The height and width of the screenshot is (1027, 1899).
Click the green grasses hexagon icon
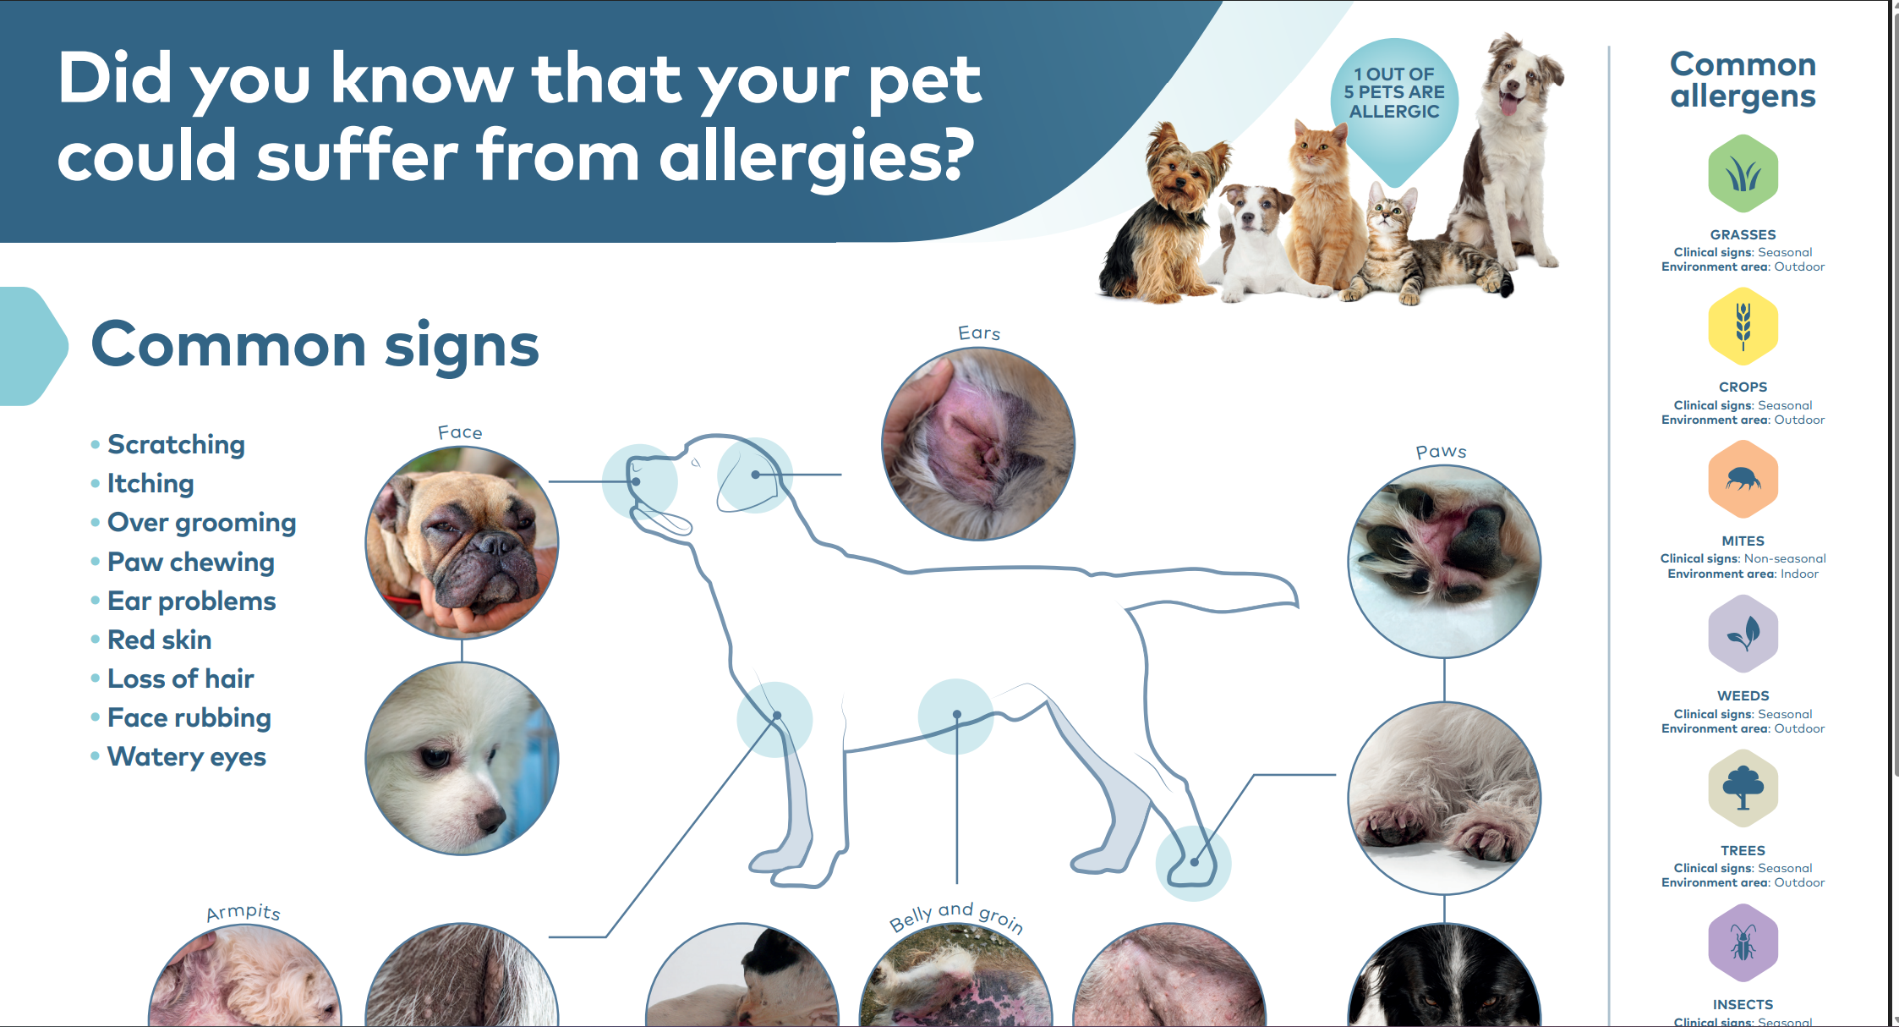1743,173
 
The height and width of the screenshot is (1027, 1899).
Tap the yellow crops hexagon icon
1743,327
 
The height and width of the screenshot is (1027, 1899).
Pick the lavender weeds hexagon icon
1743,634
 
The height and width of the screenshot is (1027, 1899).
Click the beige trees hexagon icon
1743,788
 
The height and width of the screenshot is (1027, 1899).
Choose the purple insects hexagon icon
1743,943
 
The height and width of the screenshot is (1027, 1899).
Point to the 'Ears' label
979,333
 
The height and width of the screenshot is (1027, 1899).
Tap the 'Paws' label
1441,452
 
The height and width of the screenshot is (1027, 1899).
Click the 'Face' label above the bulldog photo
460,432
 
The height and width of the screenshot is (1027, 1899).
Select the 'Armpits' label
244,912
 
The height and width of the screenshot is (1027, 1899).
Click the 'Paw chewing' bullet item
191,563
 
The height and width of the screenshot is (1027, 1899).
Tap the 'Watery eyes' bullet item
187,757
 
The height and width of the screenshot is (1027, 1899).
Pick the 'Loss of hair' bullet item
181,678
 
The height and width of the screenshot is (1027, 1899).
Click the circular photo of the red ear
978,444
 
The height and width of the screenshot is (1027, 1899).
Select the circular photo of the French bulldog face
462,543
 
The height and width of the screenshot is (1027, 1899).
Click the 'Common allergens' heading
1743,80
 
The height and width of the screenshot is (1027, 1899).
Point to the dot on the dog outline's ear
755,475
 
